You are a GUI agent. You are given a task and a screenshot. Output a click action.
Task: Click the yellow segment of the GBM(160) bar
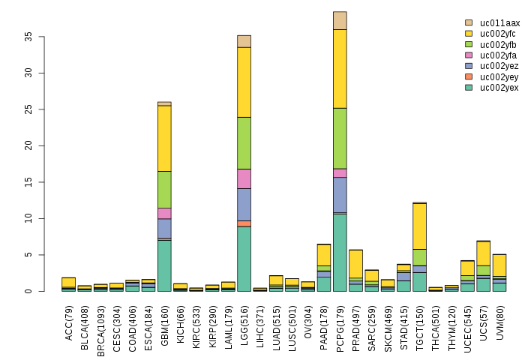click(164, 138)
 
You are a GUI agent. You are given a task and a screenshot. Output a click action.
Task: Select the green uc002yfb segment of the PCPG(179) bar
click(340, 138)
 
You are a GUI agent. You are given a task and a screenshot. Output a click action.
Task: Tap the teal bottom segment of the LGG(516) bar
click(244, 259)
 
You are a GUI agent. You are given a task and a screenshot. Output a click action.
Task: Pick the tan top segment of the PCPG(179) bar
click(340, 20)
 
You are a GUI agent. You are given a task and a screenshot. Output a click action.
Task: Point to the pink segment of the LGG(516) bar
click(244, 178)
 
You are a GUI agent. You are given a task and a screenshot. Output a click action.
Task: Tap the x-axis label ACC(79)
click(69, 320)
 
